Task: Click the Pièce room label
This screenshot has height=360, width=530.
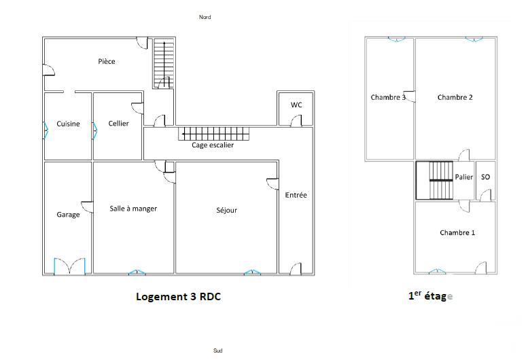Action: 106,62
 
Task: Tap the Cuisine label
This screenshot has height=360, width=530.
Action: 68,124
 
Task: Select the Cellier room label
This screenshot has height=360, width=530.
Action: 118,124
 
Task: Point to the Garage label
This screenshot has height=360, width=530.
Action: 68,215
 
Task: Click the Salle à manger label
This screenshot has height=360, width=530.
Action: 133,209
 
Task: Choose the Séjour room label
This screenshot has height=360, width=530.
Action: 227,211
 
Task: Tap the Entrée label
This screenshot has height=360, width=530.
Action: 296,195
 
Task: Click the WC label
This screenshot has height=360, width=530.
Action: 296,105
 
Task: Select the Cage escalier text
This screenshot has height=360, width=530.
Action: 213,145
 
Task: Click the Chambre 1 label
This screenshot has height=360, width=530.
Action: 457,233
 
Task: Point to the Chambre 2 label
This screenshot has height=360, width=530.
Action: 455,97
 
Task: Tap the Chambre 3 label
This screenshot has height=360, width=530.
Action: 388,97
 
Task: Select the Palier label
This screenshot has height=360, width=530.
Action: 464,177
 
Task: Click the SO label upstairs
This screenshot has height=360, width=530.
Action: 485,177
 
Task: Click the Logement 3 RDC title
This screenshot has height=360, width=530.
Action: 178,297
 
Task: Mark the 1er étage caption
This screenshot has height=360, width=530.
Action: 429,296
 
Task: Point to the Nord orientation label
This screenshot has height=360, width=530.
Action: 205,17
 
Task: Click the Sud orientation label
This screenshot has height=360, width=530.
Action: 217,350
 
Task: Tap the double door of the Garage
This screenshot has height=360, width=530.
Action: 69,266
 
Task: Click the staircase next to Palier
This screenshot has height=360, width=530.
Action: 434,180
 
